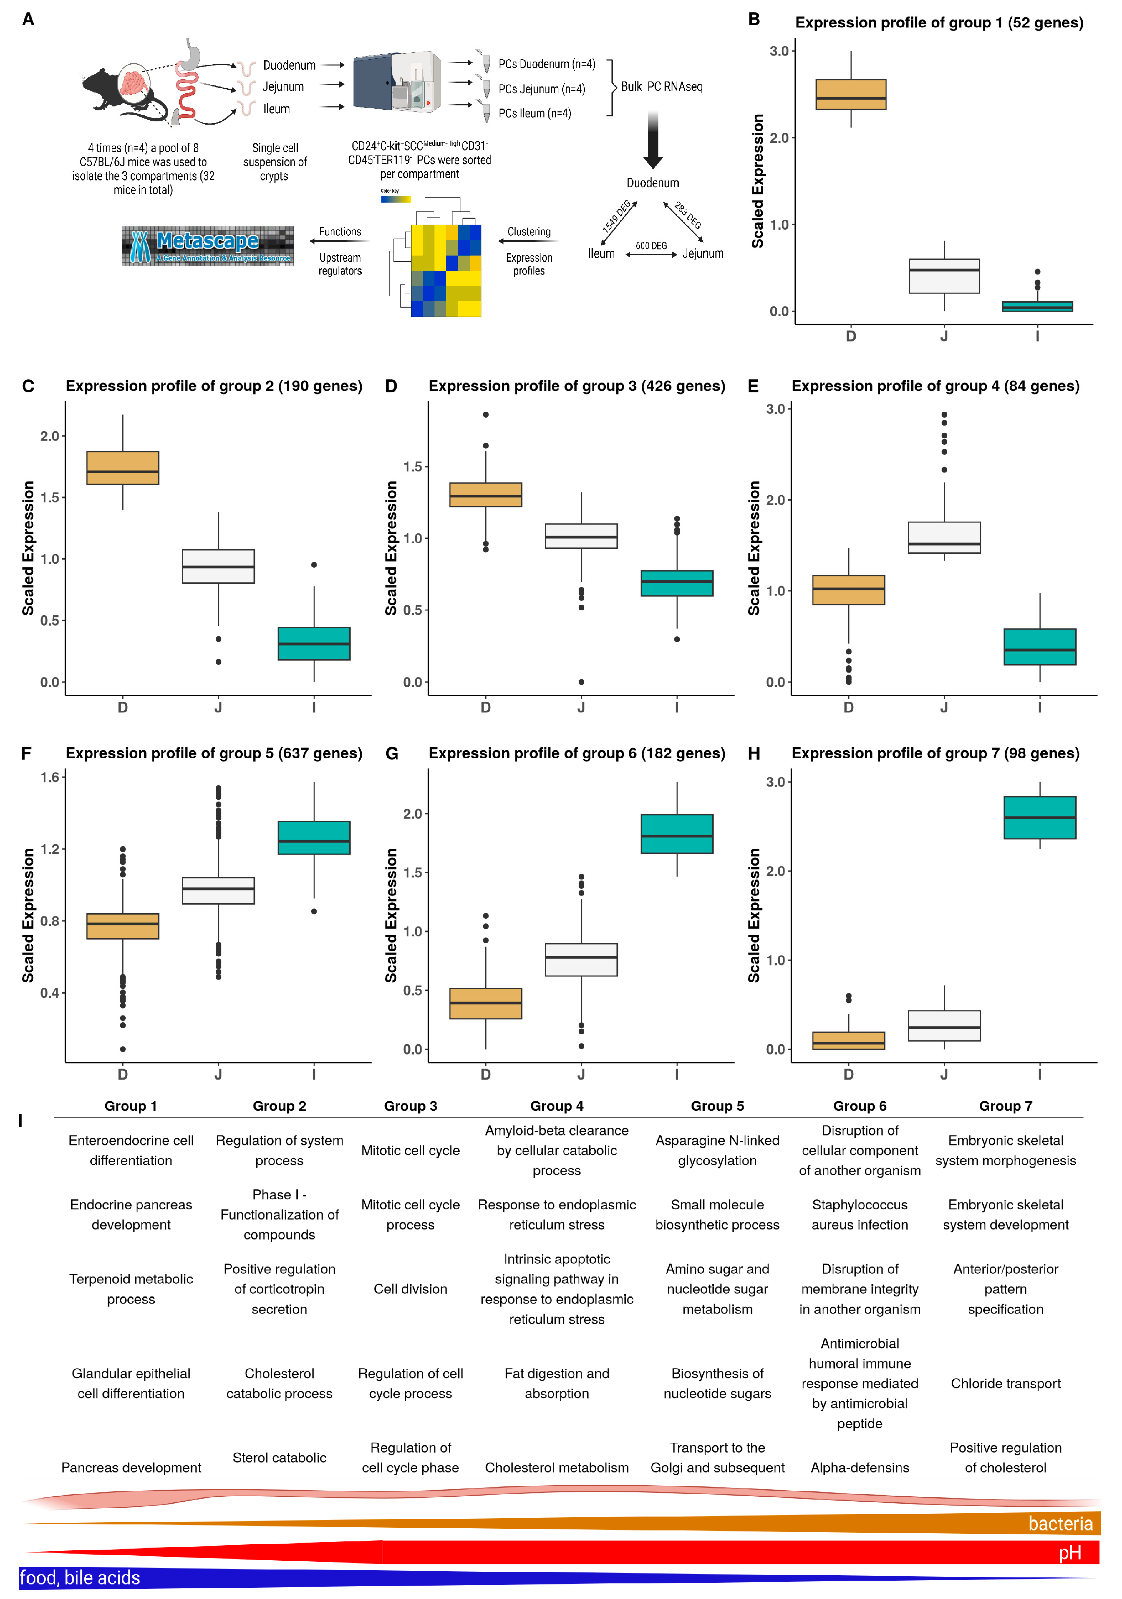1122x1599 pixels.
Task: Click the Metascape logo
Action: coord(208,246)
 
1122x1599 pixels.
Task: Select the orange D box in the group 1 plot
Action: coord(851,95)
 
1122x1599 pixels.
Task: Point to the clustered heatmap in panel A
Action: coord(445,270)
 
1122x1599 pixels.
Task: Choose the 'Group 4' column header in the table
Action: coord(557,1106)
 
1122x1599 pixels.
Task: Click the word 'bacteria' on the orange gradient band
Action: coord(1060,1524)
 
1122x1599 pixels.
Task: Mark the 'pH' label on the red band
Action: coord(1070,1552)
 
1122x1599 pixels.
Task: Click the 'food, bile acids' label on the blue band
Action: coord(80,1577)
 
